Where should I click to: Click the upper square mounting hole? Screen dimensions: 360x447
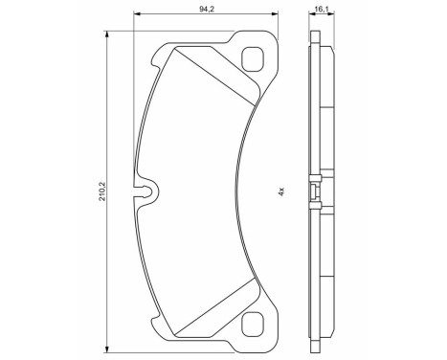coord(255,58)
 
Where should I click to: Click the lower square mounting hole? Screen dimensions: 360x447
coord(255,325)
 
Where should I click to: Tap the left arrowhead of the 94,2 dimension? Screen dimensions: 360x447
coord(136,16)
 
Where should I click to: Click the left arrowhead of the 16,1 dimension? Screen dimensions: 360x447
coord(311,16)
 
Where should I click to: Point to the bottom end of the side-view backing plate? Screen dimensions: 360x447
coord(315,344)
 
